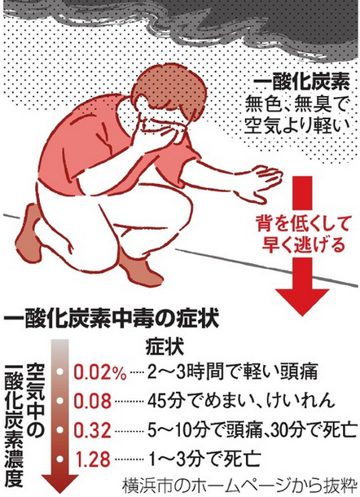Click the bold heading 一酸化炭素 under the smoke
point(301,83)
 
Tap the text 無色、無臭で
point(297,105)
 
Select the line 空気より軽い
point(299,125)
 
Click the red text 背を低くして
point(303,223)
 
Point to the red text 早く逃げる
point(303,244)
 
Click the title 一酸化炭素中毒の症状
point(111,320)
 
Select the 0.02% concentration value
point(100,372)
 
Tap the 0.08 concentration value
point(93,401)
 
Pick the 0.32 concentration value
point(93,430)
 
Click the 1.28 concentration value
point(93,459)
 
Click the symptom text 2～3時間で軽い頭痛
point(232,372)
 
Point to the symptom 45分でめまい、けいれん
point(241,401)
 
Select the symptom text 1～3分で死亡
point(204,459)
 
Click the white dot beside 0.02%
point(60,372)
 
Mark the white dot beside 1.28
point(60,459)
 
